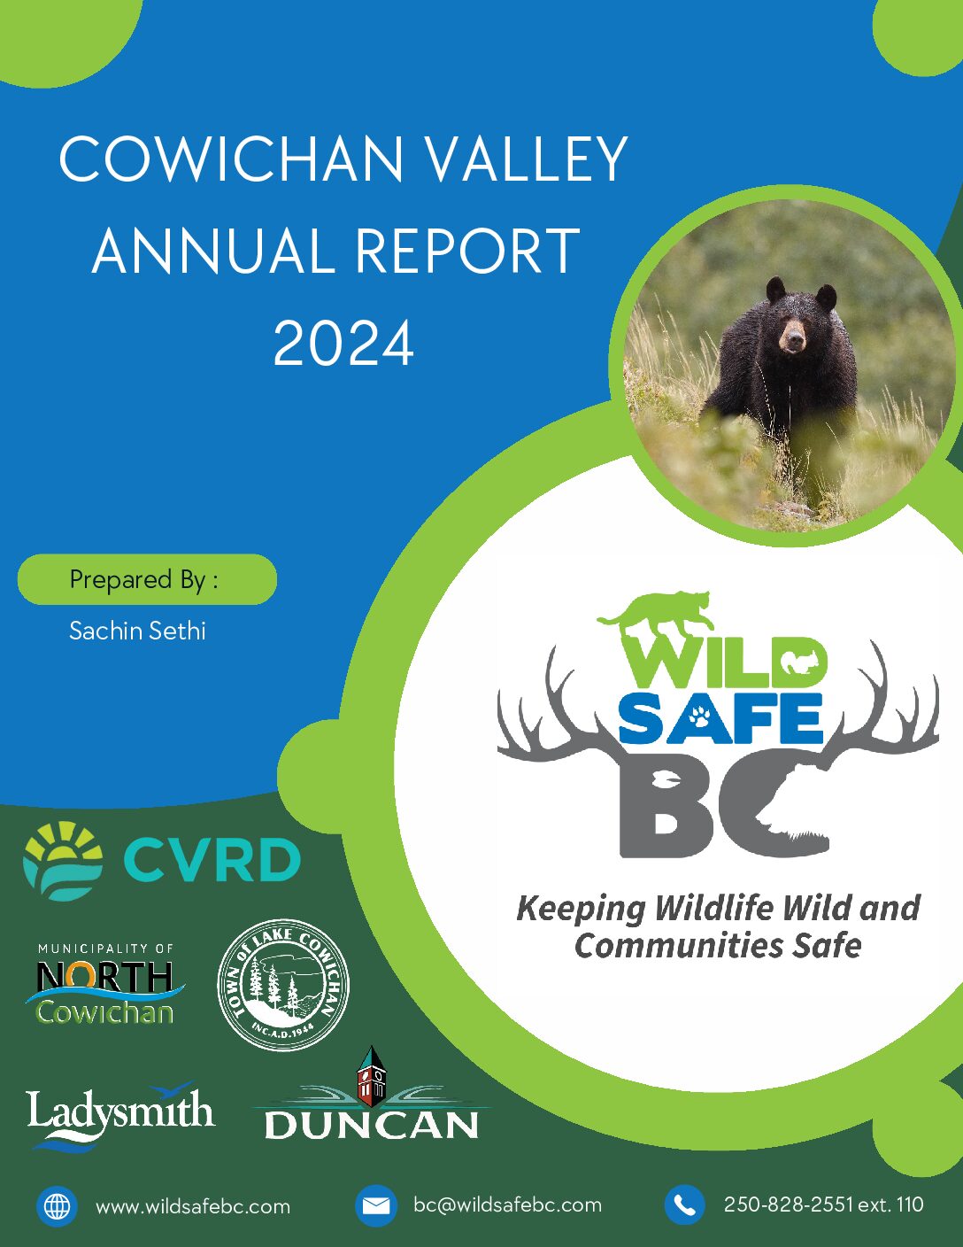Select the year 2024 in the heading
[343, 343]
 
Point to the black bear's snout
[794, 339]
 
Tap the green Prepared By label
[148, 579]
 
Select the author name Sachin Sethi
[138, 631]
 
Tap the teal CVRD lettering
[212, 860]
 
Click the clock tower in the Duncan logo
[372, 1077]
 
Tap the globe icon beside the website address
[57, 1205]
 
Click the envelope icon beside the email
[375, 1205]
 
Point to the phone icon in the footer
[684, 1205]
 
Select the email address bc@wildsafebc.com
[507, 1204]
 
